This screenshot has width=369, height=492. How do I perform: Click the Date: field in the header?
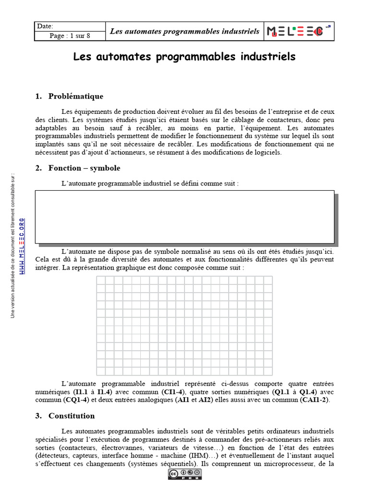[70, 26]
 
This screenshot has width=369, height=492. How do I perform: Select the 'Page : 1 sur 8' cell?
[70, 36]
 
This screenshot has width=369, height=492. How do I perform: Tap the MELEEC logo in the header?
[297, 31]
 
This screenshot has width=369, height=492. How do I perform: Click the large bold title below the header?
[184, 57]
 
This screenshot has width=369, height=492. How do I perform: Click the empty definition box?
[184, 216]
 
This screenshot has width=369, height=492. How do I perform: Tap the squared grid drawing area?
[184, 326]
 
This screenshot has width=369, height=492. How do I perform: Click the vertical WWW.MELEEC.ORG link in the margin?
[22, 246]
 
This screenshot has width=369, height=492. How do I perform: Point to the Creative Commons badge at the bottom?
[184, 475]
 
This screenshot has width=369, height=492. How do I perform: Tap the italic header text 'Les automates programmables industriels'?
[184, 32]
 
